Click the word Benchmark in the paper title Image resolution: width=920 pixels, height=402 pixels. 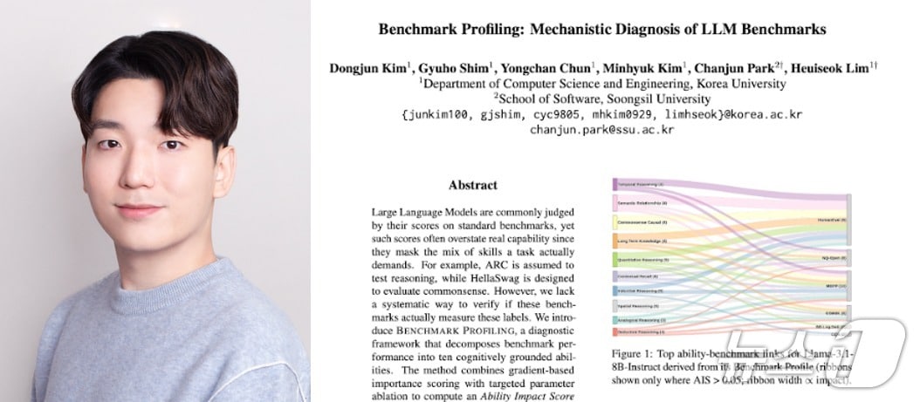pos(414,29)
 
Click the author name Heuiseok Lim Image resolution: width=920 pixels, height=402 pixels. pos(828,67)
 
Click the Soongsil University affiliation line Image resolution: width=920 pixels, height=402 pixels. pos(602,99)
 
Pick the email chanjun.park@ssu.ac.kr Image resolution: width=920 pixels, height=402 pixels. pos(602,130)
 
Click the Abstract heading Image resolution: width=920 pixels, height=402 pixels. pos(472,185)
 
